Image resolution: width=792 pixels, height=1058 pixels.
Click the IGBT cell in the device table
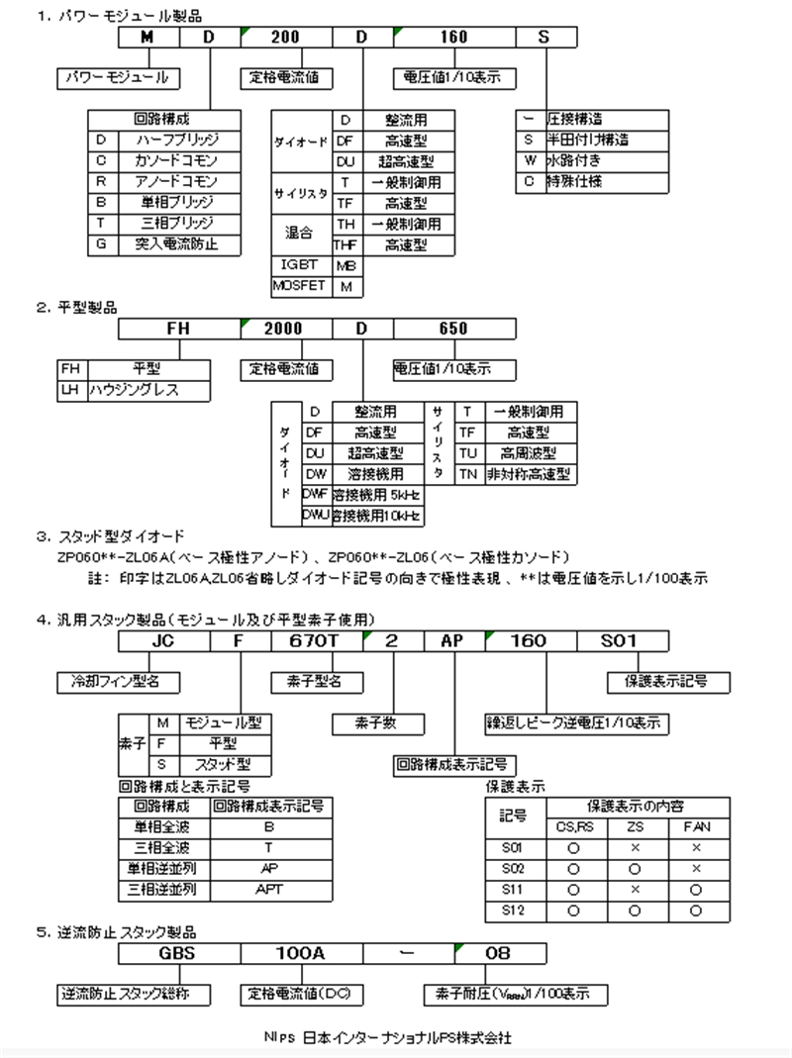pyautogui.click(x=301, y=265)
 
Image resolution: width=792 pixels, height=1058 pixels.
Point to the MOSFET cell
pyautogui.click(x=301, y=286)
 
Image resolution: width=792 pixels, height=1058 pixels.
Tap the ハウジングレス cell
pyautogui.click(x=148, y=390)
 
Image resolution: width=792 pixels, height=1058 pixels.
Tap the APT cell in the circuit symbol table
pyautogui.click(x=267, y=889)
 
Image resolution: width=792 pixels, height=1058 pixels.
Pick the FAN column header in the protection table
pyautogui.click(x=697, y=826)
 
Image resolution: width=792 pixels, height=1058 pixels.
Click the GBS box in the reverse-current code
pyautogui.click(x=178, y=953)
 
